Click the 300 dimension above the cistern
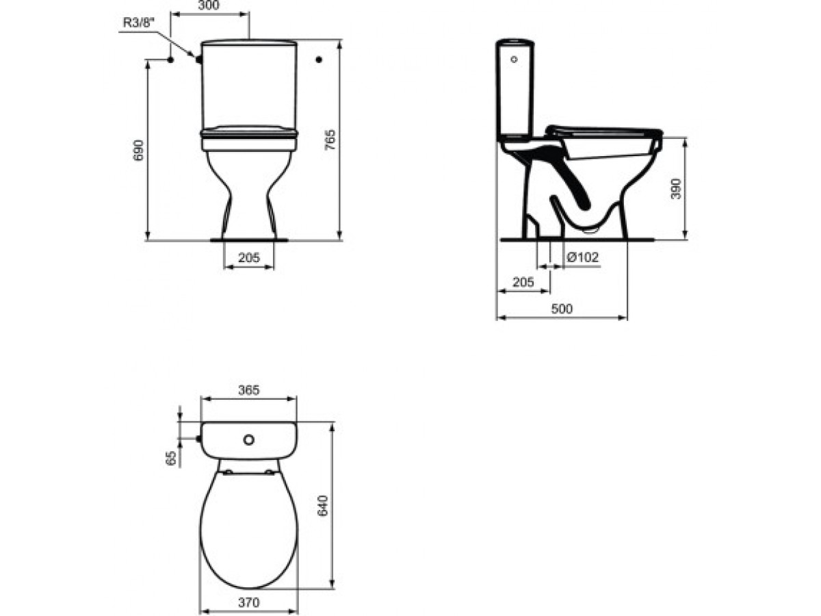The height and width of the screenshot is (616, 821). (x=209, y=5)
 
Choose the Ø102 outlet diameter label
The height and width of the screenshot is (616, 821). (x=584, y=257)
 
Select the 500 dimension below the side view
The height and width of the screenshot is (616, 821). (x=561, y=309)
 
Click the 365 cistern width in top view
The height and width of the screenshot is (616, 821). (x=248, y=390)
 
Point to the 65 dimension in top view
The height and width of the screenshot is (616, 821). (x=172, y=457)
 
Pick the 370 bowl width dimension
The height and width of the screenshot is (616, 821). (x=248, y=603)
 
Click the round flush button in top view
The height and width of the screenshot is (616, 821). (x=250, y=438)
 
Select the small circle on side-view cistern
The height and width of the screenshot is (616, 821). (x=514, y=60)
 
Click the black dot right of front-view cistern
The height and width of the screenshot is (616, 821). (x=319, y=60)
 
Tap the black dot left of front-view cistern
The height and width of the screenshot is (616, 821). (x=170, y=60)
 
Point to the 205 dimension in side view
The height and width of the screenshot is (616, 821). (x=523, y=281)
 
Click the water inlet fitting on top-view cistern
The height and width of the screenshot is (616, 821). (x=199, y=439)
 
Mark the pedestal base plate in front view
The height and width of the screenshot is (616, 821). (x=249, y=240)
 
